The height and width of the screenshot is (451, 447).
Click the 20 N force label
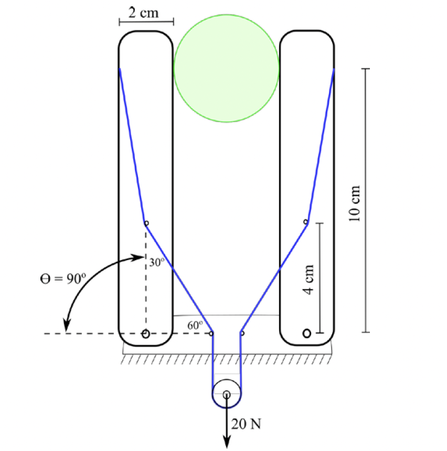246,424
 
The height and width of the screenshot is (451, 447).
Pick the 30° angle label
157,263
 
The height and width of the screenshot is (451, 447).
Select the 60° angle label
195,325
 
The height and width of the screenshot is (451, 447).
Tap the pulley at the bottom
227,394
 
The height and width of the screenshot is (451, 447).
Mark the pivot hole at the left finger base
146,334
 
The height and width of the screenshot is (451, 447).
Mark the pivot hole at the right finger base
307,333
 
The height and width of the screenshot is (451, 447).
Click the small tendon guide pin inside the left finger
146,223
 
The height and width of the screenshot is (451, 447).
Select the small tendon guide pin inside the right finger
306,222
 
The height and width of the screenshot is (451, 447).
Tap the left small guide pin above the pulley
211,333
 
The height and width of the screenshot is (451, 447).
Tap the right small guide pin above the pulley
242,333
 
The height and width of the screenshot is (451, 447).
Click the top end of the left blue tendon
120,69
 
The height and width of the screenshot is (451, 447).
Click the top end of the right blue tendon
334,69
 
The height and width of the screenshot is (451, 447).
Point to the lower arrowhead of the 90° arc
66,328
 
